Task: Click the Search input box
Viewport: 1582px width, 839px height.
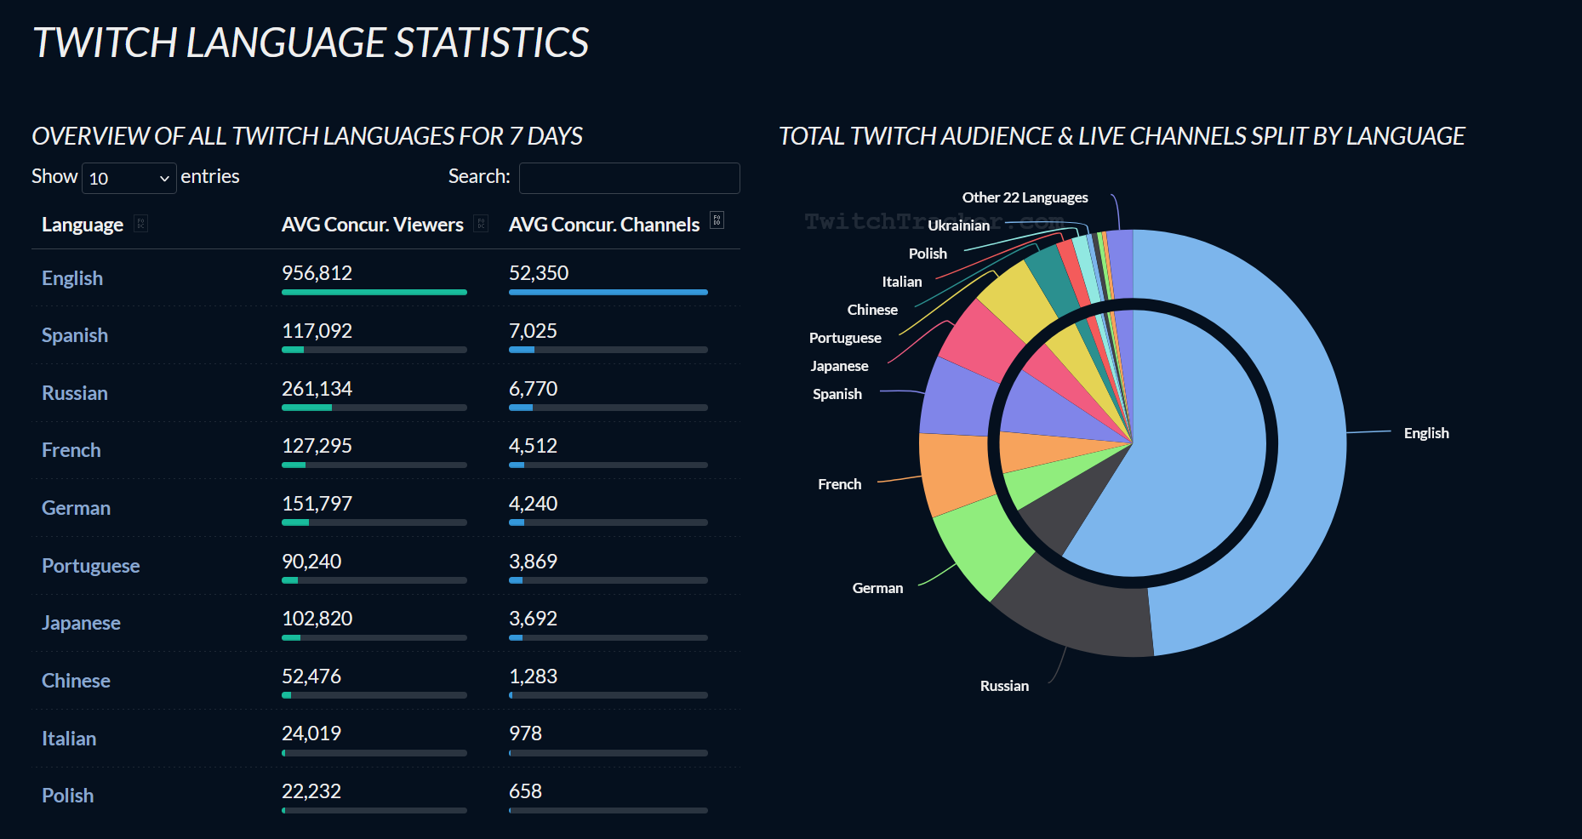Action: click(x=629, y=178)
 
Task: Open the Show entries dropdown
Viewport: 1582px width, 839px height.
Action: click(x=129, y=178)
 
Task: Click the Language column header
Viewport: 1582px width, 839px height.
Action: click(x=83, y=225)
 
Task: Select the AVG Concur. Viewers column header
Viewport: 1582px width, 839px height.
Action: click(x=372, y=225)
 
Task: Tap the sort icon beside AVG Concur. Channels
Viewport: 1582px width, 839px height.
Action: click(x=717, y=220)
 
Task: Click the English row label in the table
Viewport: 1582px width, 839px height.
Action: click(x=72, y=278)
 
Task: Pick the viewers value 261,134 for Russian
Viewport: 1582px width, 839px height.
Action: click(x=317, y=389)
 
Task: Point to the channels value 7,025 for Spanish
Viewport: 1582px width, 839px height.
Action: click(x=533, y=331)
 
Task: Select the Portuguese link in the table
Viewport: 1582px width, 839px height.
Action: click(x=90, y=566)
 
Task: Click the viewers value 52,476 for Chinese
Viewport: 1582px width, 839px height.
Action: click(x=311, y=676)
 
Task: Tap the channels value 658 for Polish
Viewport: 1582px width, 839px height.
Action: click(x=525, y=791)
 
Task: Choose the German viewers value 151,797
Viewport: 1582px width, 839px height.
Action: click(x=317, y=504)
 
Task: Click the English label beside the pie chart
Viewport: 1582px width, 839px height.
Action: click(x=1426, y=433)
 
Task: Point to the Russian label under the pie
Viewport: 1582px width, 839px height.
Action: click(x=1004, y=686)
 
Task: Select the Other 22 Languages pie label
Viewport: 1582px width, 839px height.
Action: click(x=1025, y=197)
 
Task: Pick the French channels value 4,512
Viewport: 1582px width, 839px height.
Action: click(x=533, y=446)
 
